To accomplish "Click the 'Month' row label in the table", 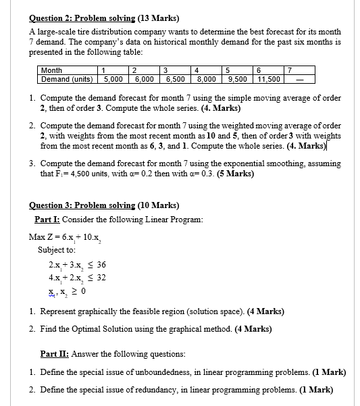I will pyautogui.click(x=51, y=70).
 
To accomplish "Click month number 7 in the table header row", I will pyautogui.click(x=290, y=70).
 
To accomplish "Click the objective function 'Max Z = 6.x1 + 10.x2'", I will pyautogui.click(x=65, y=238).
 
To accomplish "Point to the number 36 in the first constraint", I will pyautogui.click(x=101, y=265).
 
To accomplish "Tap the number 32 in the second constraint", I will pyautogui.click(x=101, y=278).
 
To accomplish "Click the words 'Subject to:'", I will pyautogui.click(x=56, y=249).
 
